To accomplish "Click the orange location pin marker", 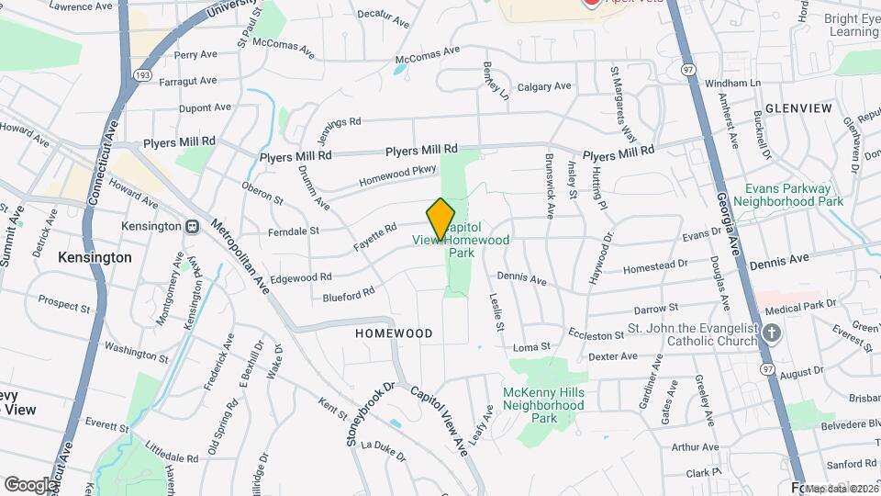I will pyautogui.click(x=440, y=218).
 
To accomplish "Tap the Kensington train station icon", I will pyautogui.click(x=193, y=226).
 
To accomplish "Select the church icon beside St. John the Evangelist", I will pyautogui.click(x=771, y=333).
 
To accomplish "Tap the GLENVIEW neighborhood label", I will pyautogui.click(x=797, y=108).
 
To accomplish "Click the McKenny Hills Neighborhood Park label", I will pyautogui.click(x=543, y=405).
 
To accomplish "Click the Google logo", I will pyautogui.click(x=30, y=484).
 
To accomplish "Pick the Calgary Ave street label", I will pyautogui.click(x=544, y=87).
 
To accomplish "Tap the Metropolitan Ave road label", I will pyautogui.click(x=240, y=252).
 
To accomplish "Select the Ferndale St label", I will pyautogui.click(x=294, y=231).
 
